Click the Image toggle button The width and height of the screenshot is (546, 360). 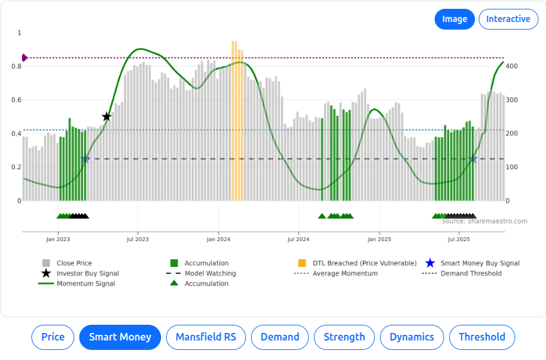[x=454, y=19]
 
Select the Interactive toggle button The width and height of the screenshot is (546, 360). [x=508, y=19]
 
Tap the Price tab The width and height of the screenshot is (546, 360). [x=53, y=337]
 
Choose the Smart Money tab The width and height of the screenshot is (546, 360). [x=120, y=337]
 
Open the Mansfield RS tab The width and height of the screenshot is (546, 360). [x=206, y=337]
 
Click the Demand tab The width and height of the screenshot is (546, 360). [x=280, y=337]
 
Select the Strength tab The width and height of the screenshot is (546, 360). [x=344, y=337]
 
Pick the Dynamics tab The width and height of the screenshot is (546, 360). [x=411, y=337]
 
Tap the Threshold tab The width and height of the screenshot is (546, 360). [x=481, y=337]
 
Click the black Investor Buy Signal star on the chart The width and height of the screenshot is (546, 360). [x=106, y=116]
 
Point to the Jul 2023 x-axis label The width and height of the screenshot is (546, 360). [x=138, y=239]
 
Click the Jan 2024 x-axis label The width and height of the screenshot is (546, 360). [x=218, y=239]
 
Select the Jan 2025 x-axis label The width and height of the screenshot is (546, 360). [x=379, y=239]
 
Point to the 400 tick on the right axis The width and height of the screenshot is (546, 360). [x=511, y=66]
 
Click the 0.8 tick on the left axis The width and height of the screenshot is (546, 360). [x=19, y=66]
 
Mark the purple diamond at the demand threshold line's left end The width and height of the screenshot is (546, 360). [x=25, y=58]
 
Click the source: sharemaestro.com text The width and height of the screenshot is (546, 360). [x=484, y=221]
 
